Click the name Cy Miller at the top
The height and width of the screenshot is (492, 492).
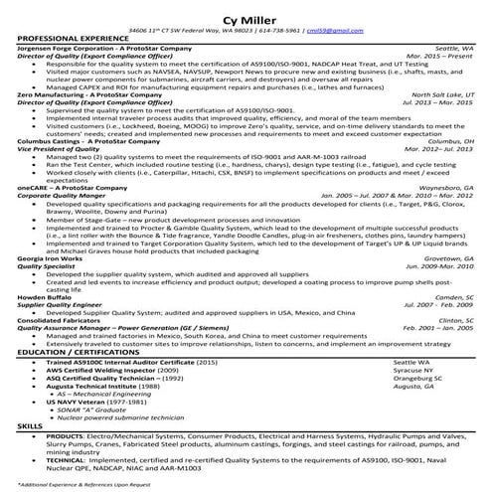[x=246, y=15]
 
